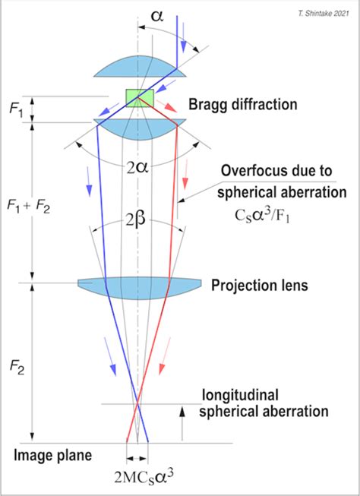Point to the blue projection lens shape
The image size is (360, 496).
tap(140, 284)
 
